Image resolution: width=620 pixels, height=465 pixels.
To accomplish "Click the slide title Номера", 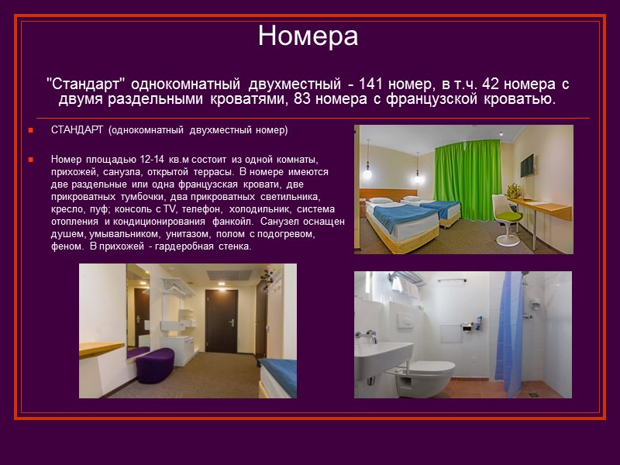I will pyautogui.click(x=308, y=36).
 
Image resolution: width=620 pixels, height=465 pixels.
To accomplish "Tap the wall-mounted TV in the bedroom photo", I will pyautogui.click(x=527, y=164).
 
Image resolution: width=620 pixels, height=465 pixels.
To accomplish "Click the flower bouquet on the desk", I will pyautogui.click(x=513, y=190).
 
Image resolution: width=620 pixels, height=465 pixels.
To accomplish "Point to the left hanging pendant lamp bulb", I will pyautogui.click(x=368, y=174).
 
